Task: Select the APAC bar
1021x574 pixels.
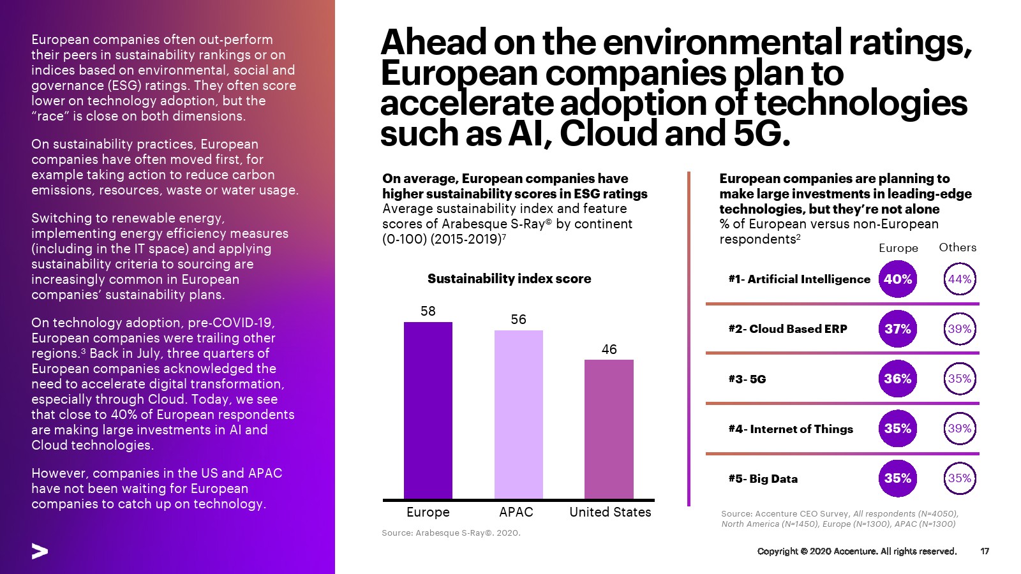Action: pyautogui.click(x=518, y=415)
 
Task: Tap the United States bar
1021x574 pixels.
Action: pyautogui.click(x=609, y=429)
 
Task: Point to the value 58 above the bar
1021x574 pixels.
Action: pyautogui.click(x=428, y=311)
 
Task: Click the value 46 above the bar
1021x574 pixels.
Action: pyautogui.click(x=609, y=350)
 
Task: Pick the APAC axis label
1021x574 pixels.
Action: pyautogui.click(x=516, y=512)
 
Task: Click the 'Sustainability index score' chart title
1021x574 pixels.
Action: pyautogui.click(x=509, y=279)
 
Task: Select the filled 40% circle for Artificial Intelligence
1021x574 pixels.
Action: pyautogui.click(x=897, y=279)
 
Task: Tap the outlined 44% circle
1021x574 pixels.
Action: pyautogui.click(x=959, y=279)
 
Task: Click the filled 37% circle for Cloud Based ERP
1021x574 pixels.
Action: pyautogui.click(x=897, y=329)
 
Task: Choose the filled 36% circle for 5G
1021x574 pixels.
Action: pyautogui.click(x=897, y=379)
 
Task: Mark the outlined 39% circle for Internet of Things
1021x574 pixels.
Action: pyautogui.click(x=959, y=429)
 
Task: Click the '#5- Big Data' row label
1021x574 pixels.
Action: pyautogui.click(x=763, y=479)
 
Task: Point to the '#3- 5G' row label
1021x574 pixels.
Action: pyautogui.click(x=747, y=379)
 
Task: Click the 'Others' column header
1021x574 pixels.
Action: pyautogui.click(x=957, y=247)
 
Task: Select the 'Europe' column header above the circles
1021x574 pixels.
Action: pyautogui.click(x=898, y=248)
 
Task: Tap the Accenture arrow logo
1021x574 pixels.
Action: pyautogui.click(x=40, y=552)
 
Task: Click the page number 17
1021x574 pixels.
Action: pyautogui.click(x=985, y=551)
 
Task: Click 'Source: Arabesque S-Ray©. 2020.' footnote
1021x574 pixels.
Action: pyautogui.click(x=451, y=533)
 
